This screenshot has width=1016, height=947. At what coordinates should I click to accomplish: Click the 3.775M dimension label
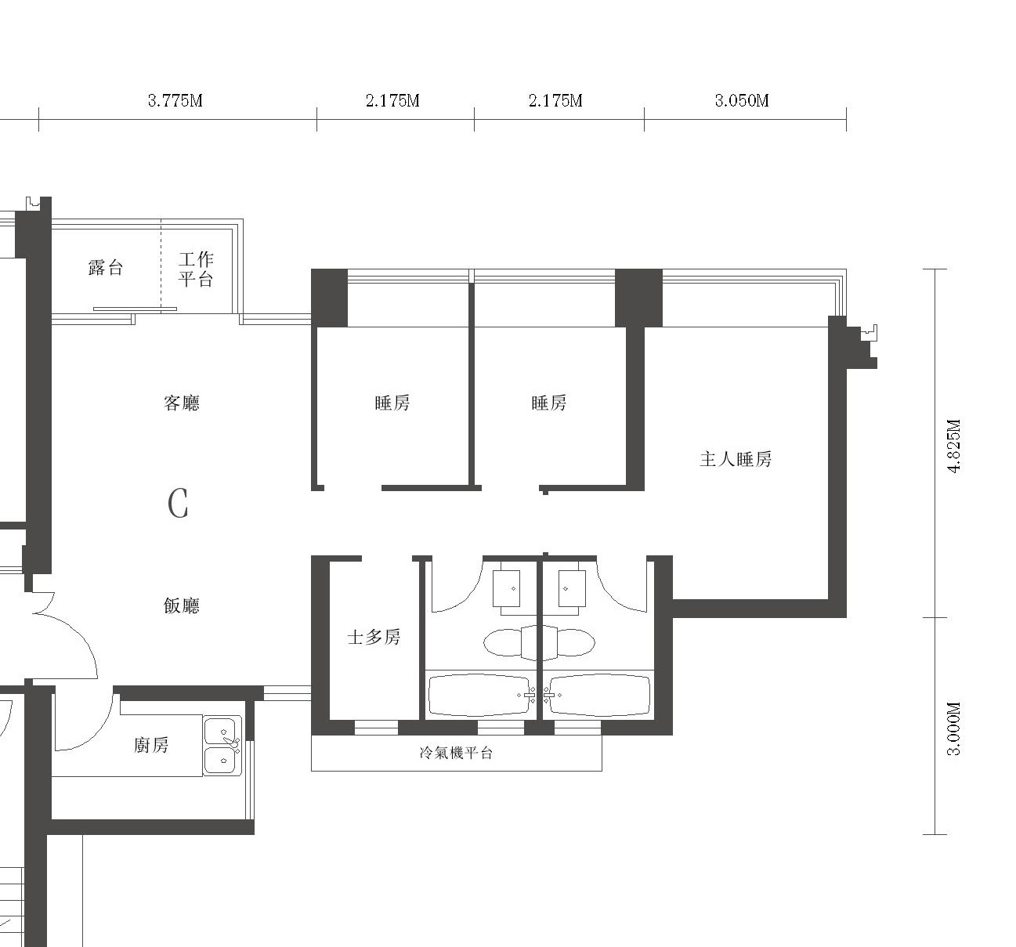pyautogui.click(x=175, y=100)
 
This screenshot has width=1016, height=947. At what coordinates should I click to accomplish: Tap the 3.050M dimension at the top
pyautogui.click(x=742, y=100)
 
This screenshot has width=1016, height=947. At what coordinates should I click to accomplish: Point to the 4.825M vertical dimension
pyautogui.click(x=953, y=446)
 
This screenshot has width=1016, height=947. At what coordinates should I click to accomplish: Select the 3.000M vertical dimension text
pyautogui.click(x=953, y=728)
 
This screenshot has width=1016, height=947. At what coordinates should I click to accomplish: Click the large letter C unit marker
pyautogui.click(x=178, y=504)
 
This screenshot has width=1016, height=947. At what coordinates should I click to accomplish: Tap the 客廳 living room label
pyautogui.click(x=182, y=403)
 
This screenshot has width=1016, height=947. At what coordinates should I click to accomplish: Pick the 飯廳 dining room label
pyautogui.click(x=182, y=605)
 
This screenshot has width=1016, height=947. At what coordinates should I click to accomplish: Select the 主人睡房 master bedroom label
pyautogui.click(x=736, y=459)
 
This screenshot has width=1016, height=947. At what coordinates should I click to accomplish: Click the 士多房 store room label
pyautogui.click(x=374, y=637)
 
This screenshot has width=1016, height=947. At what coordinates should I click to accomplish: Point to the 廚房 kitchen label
pyautogui.click(x=151, y=746)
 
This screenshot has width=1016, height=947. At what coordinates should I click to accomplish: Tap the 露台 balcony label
pyautogui.click(x=106, y=268)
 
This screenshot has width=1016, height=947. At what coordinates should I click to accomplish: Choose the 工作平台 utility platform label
pyautogui.click(x=196, y=269)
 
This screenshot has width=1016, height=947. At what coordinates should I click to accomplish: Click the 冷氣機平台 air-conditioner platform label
pyautogui.click(x=456, y=753)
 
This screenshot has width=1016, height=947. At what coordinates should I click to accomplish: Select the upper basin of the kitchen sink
pyautogui.click(x=220, y=731)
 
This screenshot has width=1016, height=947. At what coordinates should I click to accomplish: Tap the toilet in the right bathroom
pyautogui.click(x=569, y=642)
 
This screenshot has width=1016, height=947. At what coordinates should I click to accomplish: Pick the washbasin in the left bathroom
pyautogui.click(x=507, y=589)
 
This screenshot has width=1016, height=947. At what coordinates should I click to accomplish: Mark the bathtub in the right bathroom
pyautogui.click(x=597, y=696)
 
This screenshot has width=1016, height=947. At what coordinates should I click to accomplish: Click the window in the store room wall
pyautogui.click(x=376, y=728)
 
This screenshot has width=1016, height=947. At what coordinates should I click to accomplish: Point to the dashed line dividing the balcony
pyautogui.click(x=161, y=266)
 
